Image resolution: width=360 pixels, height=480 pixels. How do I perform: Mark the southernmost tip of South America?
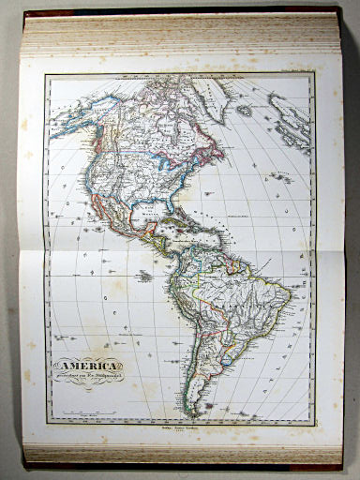coord(200,415)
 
